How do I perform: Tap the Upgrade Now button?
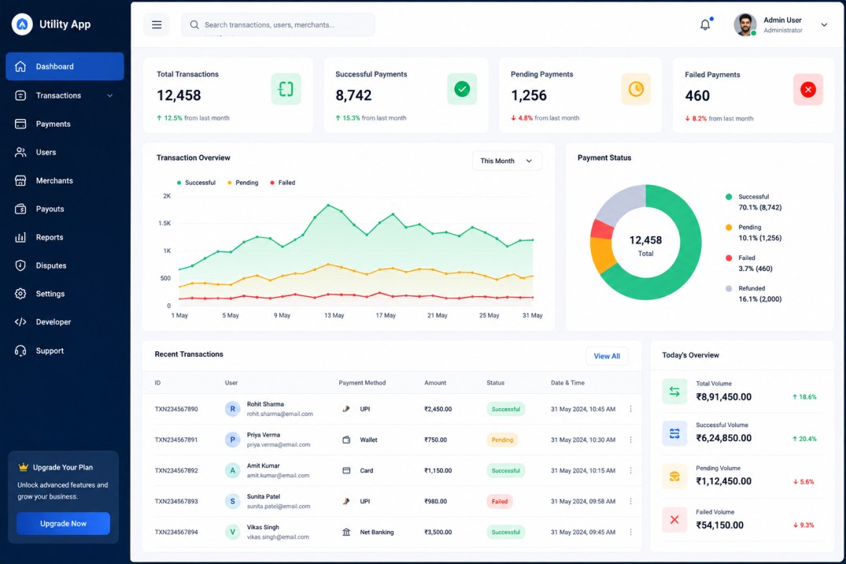(x=63, y=524)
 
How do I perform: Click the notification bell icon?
(x=705, y=25)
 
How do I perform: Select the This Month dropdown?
(x=507, y=161)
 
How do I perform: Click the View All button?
(x=607, y=356)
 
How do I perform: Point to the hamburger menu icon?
(x=157, y=25)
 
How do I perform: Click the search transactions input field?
(x=279, y=25)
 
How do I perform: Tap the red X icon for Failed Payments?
(x=807, y=90)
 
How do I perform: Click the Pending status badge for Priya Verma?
(x=502, y=440)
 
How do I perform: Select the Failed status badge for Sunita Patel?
(x=500, y=501)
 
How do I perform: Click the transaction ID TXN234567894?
(x=176, y=532)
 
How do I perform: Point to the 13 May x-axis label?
(x=334, y=316)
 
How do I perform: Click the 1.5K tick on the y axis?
(x=164, y=223)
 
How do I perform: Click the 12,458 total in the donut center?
(x=645, y=240)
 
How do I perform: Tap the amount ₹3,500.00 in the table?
(x=438, y=532)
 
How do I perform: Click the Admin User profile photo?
(x=744, y=25)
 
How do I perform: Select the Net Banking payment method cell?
(x=368, y=532)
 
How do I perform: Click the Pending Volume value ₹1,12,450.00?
(x=723, y=481)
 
